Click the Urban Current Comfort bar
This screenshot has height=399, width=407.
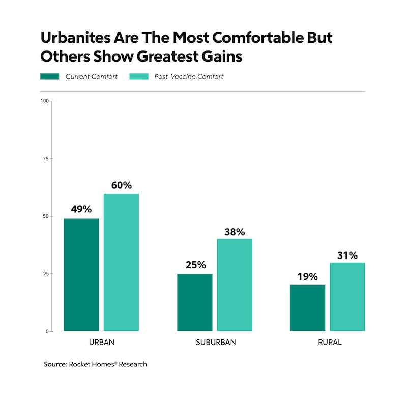tap(81, 275)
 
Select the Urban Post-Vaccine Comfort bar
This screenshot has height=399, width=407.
tap(121, 263)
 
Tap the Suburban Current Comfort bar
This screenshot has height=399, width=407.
tap(195, 302)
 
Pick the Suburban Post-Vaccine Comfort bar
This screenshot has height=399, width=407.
tap(235, 285)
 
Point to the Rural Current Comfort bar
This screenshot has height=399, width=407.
tap(307, 308)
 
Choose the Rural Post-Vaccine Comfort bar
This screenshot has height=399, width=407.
tap(347, 297)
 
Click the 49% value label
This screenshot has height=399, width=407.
tap(81, 209)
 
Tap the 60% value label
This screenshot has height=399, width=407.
tap(121, 184)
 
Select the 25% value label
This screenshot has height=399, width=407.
tap(195, 265)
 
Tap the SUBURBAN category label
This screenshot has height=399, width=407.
tap(215, 342)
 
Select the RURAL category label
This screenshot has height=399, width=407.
tap(328, 342)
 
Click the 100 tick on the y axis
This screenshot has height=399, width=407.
tap(44, 101)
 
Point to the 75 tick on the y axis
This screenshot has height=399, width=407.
tap(45, 159)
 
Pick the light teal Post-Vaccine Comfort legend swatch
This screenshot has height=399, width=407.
tap(139, 77)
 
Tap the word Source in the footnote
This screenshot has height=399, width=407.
tap(54, 364)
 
